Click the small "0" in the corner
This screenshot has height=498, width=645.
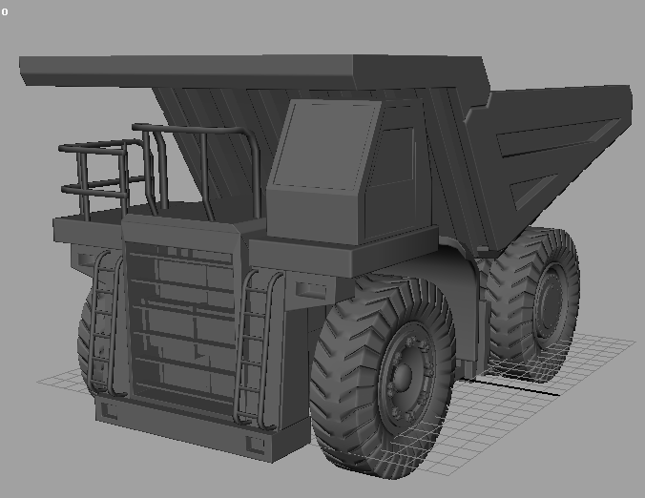click(5, 12)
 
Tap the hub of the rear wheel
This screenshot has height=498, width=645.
click(550, 304)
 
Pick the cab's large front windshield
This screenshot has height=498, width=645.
click(325, 145)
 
